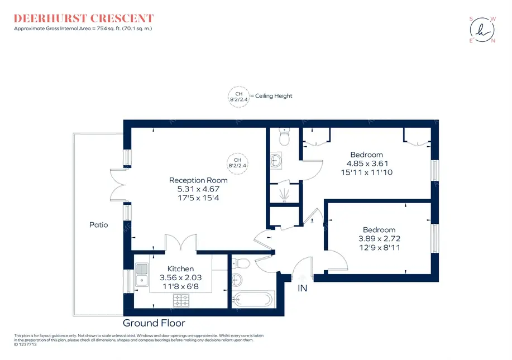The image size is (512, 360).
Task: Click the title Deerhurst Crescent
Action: click(84, 18)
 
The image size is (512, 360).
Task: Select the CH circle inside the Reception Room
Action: click(237, 162)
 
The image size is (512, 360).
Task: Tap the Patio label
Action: click(98, 225)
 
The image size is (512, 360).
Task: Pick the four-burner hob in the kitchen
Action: click(181, 301)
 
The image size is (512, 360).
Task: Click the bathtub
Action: click(252, 300)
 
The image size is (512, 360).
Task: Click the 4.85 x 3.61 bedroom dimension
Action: click(367, 164)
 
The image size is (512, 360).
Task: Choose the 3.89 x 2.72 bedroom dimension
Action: click(379, 238)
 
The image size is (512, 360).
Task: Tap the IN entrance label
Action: click(302, 289)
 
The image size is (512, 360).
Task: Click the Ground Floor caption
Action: click(154, 323)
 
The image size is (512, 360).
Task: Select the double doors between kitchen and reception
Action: click(179, 243)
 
